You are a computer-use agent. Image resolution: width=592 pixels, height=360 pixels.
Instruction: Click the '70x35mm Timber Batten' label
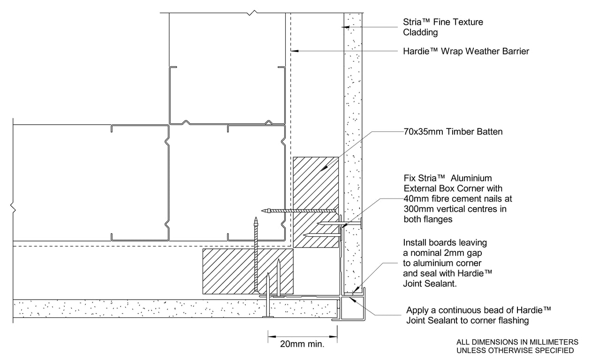click(x=453, y=132)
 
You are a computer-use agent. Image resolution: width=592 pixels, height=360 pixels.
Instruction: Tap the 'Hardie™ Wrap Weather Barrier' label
click(x=466, y=51)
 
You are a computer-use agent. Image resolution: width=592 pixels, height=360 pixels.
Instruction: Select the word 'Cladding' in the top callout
click(x=420, y=32)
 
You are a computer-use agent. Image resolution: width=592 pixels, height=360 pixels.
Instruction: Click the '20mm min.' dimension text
click(x=302, y=344)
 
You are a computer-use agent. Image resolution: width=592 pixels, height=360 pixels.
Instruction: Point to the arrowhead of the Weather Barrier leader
click(x=295, y=51)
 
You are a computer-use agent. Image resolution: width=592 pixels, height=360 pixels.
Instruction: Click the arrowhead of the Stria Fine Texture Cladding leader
click(x=345, y=27)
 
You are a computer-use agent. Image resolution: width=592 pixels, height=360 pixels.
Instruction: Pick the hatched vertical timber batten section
click(x=316, y=202)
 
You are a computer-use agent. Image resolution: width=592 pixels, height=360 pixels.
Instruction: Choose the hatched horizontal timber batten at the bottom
click(x=248, y=271)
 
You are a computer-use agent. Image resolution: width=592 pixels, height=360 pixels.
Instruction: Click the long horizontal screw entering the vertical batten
click(x=299, y=211)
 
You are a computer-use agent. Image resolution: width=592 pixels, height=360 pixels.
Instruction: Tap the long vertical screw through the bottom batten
click(x=256, y=255)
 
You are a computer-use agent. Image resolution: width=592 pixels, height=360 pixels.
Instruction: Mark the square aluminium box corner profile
click(x=352, y=307)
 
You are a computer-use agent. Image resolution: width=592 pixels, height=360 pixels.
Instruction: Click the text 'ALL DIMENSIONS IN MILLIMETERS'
click(x=517, y=342)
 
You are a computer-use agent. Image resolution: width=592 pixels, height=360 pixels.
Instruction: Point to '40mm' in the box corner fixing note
click(x=417, y=199)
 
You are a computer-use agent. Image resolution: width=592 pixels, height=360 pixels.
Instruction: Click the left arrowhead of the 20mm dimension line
click(x=272, y=337)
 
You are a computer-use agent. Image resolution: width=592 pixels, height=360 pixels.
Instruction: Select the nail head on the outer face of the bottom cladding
click(x=268, y=316)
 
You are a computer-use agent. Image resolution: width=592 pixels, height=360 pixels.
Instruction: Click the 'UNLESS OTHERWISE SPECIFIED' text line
click(x=515, y=351)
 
